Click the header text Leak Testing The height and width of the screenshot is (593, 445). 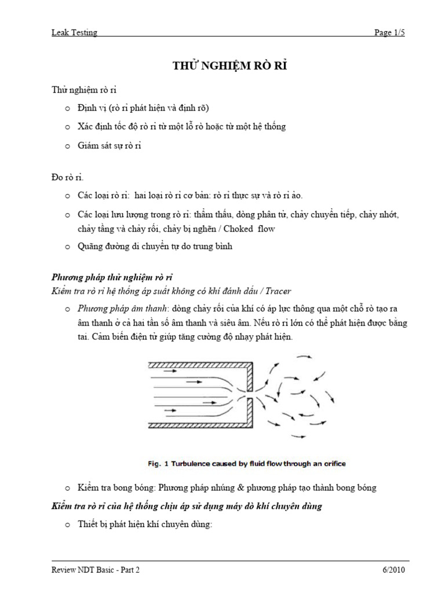[74, 33]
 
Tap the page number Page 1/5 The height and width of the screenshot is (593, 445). [389, 33]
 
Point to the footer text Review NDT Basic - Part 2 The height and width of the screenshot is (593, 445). [96, 570]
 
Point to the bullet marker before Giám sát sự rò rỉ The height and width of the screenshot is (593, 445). [67, 146]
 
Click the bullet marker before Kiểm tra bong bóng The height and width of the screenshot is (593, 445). [67, 488]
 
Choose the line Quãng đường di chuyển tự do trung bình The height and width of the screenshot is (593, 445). [155, 247]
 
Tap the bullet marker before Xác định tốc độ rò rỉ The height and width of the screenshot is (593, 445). [67, 127]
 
